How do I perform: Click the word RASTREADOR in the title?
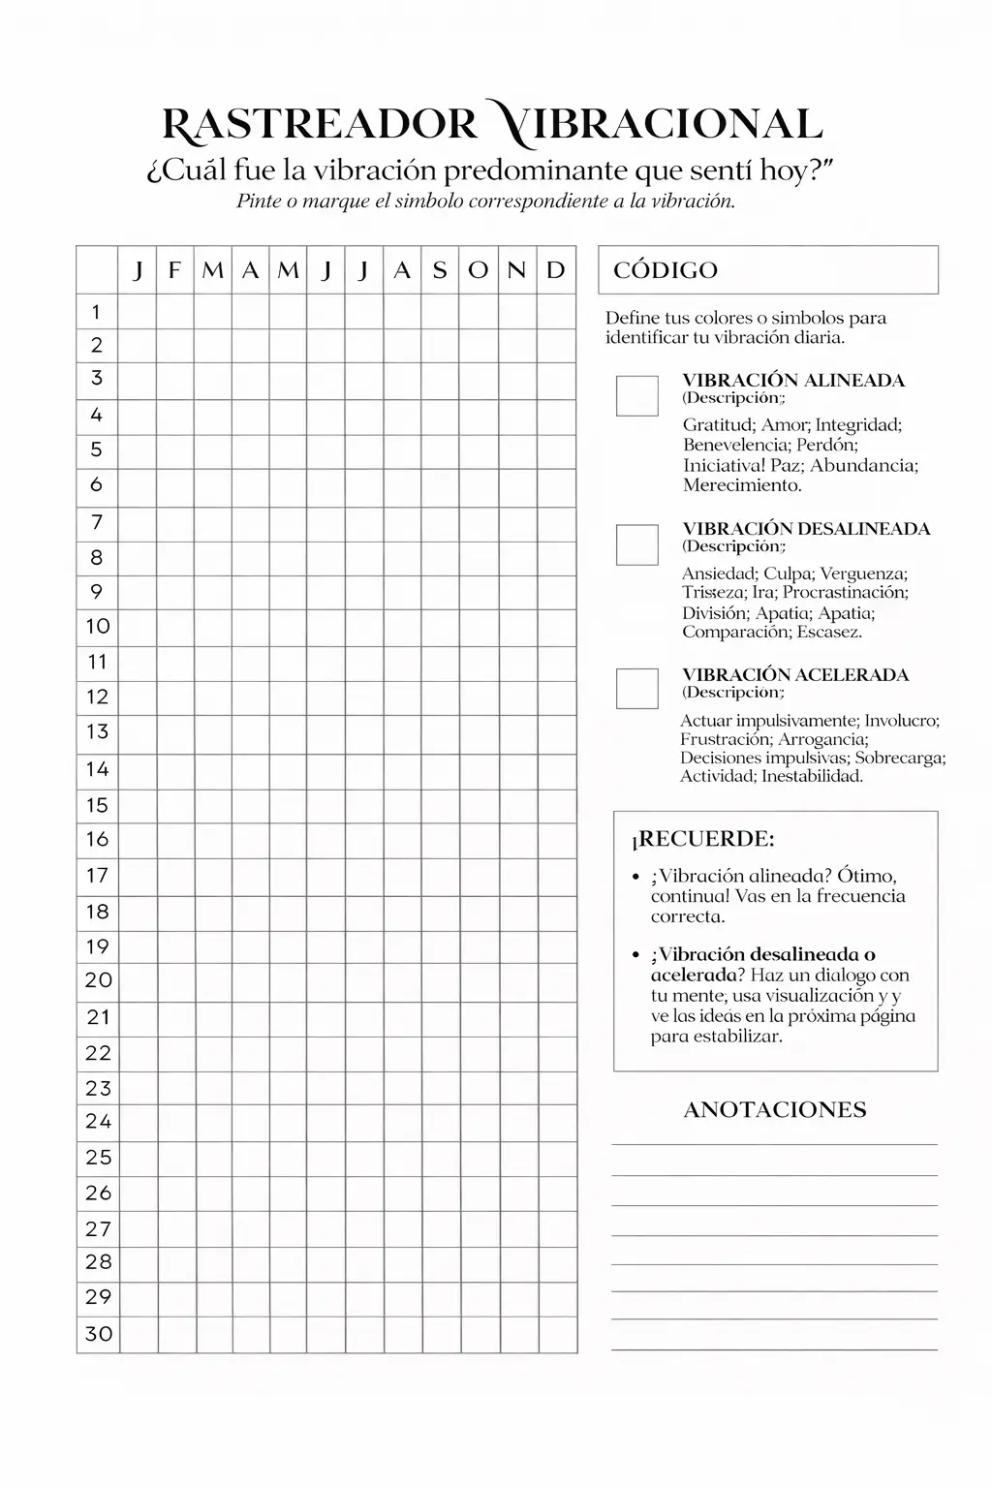[320, 126]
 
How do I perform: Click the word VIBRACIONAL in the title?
[654, 126]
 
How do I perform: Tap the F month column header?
[174, 270]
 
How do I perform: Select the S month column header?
[440, 270]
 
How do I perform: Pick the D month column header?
[555, 270]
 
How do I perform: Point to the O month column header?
[479, 270]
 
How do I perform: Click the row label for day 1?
[96, 312]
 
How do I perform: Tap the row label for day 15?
[97, 805]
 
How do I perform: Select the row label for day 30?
[99, 1334]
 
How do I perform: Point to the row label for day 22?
[98, 1053]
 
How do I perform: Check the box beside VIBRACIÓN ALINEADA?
[636, 395]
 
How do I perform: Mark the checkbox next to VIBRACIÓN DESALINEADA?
[636, 544]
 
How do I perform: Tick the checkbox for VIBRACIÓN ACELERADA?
[636, 688]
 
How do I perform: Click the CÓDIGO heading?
[666, 270]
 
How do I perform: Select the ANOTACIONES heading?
[775, 1110]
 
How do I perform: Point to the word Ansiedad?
[719, 573]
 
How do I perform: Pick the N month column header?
[516, 270]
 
